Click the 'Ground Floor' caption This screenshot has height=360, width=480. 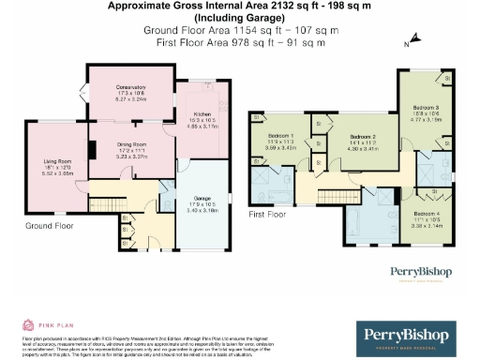[x=51, y=226]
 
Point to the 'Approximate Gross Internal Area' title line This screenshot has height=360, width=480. [x=240, y=7]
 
